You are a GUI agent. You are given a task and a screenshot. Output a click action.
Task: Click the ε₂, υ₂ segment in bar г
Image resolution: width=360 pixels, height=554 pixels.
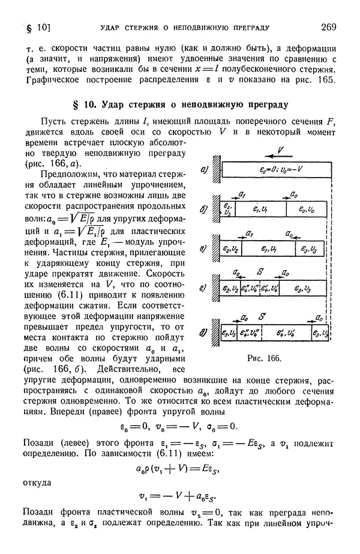[x=229, y=289]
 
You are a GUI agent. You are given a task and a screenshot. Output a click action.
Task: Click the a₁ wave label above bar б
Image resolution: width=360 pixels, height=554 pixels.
[x=242, y=194]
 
